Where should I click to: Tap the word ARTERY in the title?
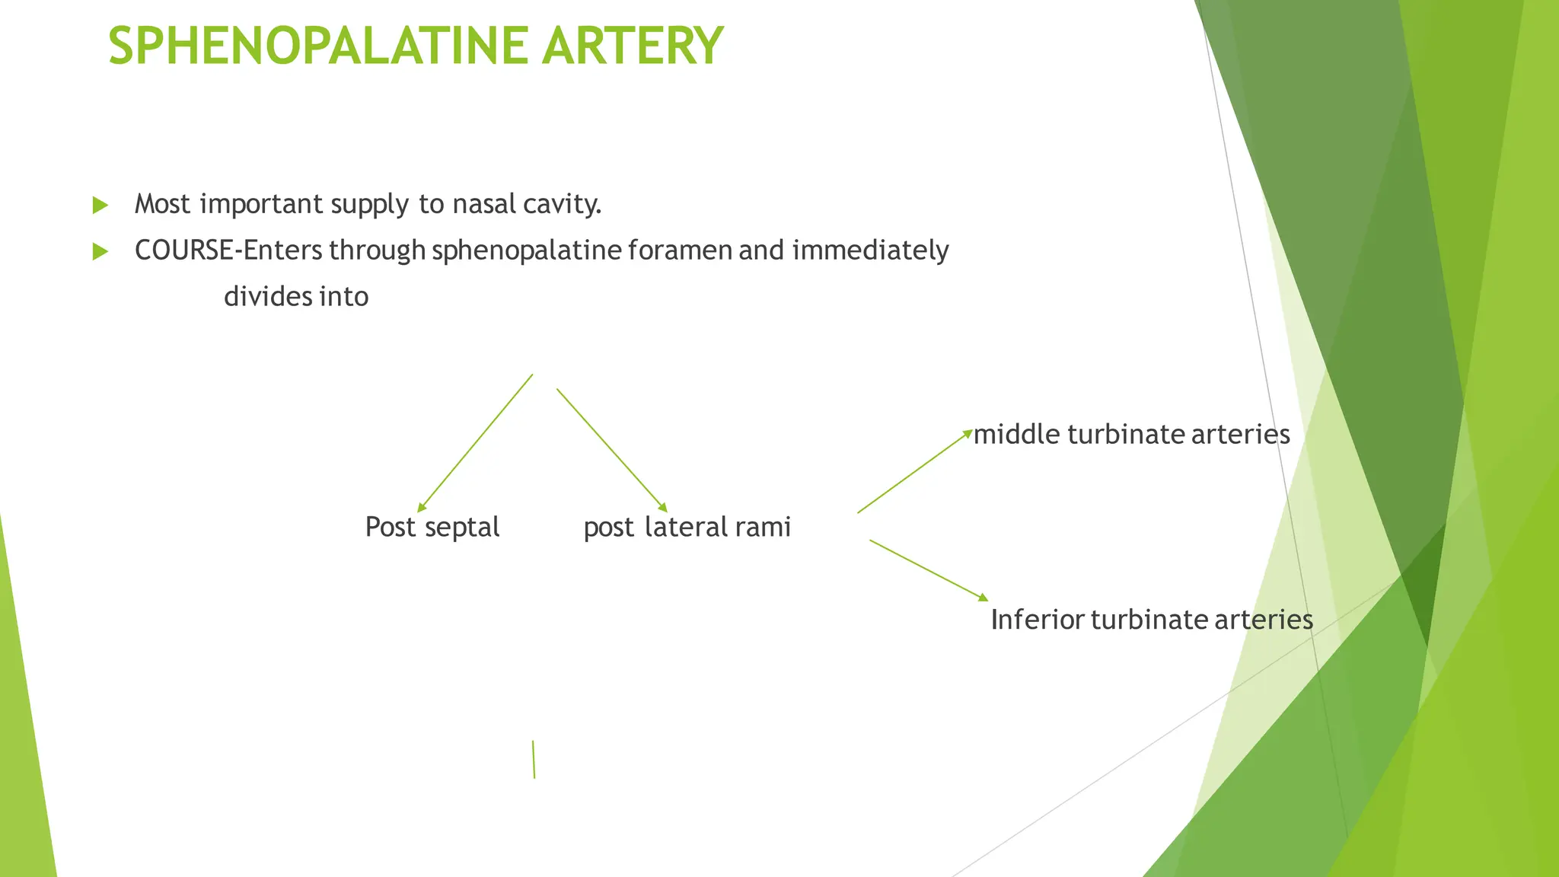633,46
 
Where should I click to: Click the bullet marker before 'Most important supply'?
100,205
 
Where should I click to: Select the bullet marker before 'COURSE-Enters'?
100,251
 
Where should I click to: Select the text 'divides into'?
296,296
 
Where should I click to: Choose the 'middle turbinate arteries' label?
1132,434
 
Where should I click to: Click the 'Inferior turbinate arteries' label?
1152,620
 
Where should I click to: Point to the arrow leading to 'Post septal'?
475,443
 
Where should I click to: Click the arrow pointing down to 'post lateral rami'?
612,451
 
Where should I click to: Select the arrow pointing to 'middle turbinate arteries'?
915,472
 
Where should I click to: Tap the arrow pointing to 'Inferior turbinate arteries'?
929,571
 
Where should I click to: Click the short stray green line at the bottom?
534,759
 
